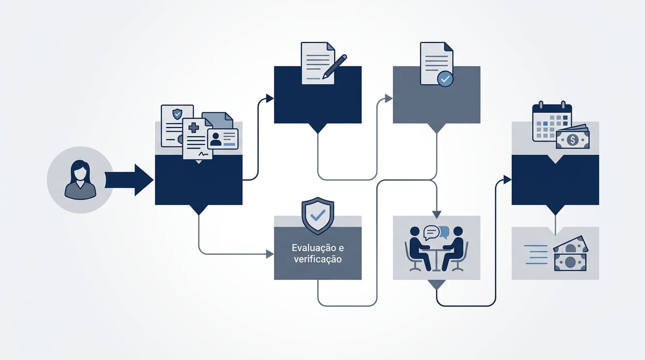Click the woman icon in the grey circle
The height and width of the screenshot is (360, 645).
tap(80, 180)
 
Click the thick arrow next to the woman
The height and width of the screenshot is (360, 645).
tap(129, 180)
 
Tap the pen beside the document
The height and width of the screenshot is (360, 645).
tap(335, 67)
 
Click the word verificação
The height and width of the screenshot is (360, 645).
tap(318, 259)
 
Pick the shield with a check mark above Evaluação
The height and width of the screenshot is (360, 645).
tap(318, 216)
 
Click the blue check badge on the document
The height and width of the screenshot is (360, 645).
tap(445, 79)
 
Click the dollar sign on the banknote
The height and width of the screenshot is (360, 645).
tap(572, 140)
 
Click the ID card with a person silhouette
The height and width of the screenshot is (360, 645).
tap(223, 139)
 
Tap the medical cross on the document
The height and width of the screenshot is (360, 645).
tap(194, 127)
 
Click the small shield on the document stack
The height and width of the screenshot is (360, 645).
tap(177, 114)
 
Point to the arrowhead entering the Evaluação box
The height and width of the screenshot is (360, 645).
tap(270, 254)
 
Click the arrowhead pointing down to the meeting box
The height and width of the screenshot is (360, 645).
tap(437, 215)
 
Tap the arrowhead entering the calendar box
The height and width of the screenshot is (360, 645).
tap(507, 180)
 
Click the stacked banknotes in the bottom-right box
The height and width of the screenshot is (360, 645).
tap(570, 254)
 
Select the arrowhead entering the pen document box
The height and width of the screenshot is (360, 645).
tap(270, 98)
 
